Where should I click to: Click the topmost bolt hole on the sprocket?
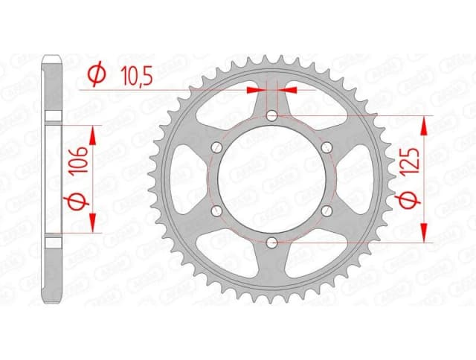coord(271,115)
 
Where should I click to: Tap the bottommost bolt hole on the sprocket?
coord(271,242)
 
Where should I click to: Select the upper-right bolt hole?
coord(327,147)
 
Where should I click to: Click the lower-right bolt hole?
coord(327,210)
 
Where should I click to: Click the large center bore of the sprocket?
coord(271,179)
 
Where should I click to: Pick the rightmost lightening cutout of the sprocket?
coord(364,179)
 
